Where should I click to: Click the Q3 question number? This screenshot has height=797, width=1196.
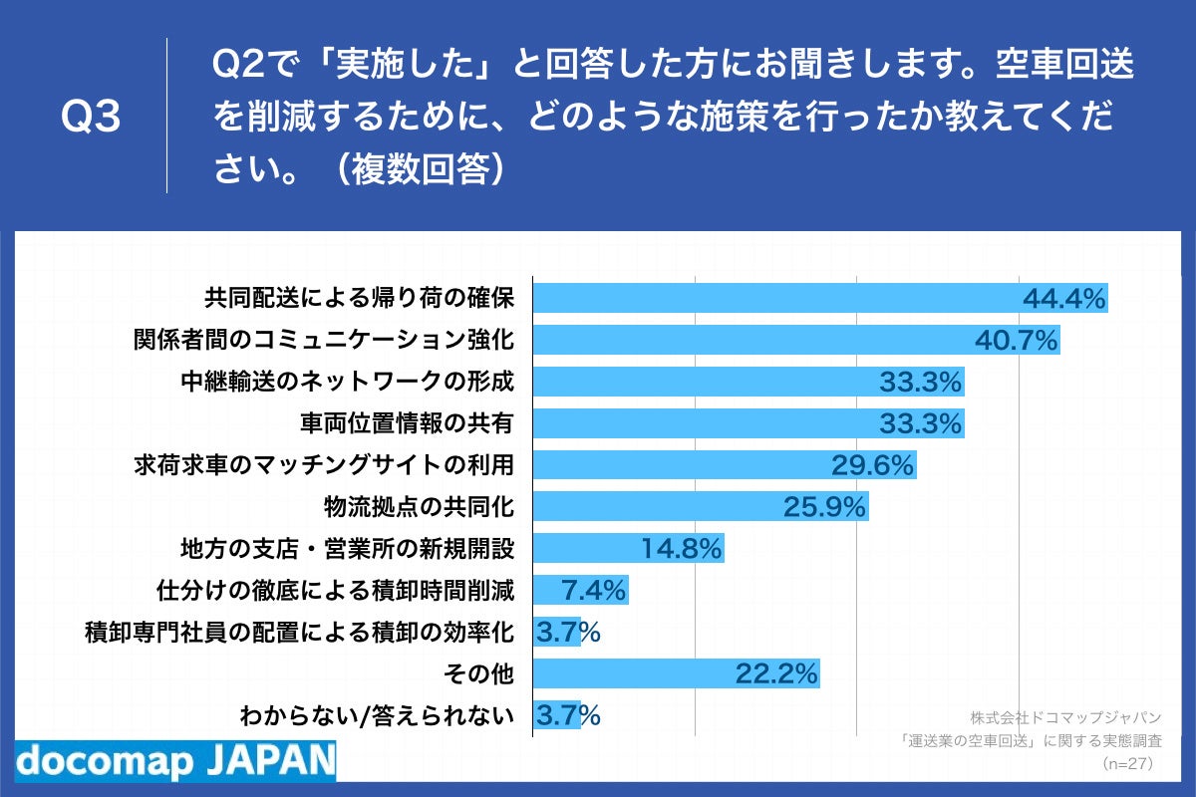pyautogui.click(x=91, y=118)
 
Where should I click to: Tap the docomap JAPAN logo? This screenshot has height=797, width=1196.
pyautogui.click(x=175, y=760)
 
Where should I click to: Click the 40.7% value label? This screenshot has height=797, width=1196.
pyautogui.click(x=1016, y=341)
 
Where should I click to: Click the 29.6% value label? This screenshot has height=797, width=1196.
pyautogui.click(x=872, y=465)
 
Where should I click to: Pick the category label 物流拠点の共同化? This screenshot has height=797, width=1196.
pyautogui.click(x=419, y=507)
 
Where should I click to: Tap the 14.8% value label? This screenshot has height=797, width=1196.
pyautogui.click(x=681, y=549)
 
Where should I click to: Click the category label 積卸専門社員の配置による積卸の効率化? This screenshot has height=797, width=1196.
pyautogui.click(x=299, y=632)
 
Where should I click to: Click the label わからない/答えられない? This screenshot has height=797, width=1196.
pyautogui.click(x=377, y=715)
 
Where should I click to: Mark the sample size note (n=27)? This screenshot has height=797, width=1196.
pyautogui.click(x=1126, y=764)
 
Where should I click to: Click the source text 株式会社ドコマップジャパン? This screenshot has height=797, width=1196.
pyautogui.click(x=1065, y=717)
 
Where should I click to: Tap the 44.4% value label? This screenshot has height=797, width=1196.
pyautogui.click(x=1064, y=299)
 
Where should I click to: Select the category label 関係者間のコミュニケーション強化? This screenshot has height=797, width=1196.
pyautogui.click(x=324, y=340)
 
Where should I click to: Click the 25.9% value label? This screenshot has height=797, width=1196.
pyautogui.click(x=824, y=508)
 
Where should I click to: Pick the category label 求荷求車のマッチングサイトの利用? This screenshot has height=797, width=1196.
pyautogui.click(x=324, y=465)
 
